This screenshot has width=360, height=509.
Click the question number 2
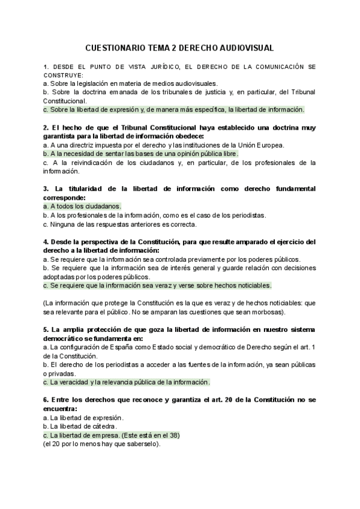46,127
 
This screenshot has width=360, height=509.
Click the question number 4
46,242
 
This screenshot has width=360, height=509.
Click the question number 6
46,400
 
